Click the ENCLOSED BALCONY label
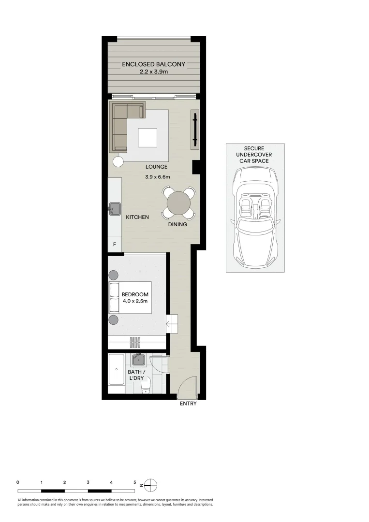tap(153, 64)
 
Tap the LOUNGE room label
tap(157, 167)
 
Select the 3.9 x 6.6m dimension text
tap(158, 177)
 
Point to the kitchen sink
tap(115, 209)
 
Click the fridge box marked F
tap(115, 245)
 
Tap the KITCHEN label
tap(137, 217)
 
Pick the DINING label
tap(177, 225)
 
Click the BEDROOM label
tap(135, 294)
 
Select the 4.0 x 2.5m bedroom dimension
tap(135, 301)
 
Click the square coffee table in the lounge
tap(148, 137)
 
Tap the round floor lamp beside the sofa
tap(118, 162)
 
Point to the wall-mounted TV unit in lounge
tap(195, 128)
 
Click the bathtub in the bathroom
tap(116, 371)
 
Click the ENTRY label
tap(188, 404)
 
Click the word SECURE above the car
tap(255, 148)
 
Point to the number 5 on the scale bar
tap(135, 482)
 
